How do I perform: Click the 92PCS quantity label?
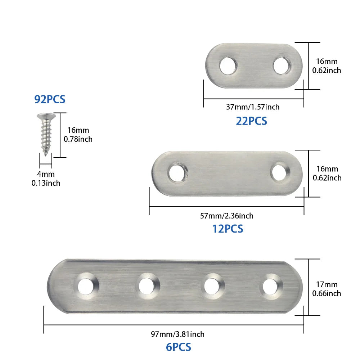pos(50,99)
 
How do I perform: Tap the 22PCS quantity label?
pos(251,121)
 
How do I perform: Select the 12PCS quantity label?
pos(228,229)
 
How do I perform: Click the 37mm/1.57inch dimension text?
pos(253,107)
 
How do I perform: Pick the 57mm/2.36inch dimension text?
pos(226,216)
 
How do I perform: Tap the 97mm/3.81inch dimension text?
pos(177,334)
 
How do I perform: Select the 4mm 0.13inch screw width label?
pos(46,179)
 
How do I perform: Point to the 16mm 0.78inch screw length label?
pos(78,135)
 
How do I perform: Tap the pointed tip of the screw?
pos(46,154)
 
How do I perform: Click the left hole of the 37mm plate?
pos(228,66)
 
